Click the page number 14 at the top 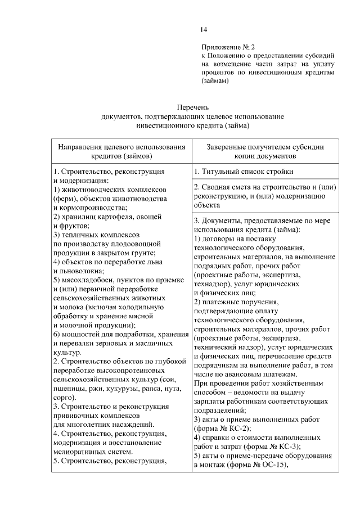[204, 30]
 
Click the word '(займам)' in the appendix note [215, 81]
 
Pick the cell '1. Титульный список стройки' [242, 172]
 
